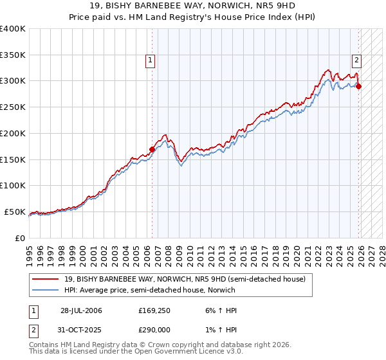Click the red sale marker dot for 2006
tap(152, 149)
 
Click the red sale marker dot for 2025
tap(359, 86)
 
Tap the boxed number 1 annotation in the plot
tap(150, 61)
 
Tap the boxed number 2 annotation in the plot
tap(356, 61)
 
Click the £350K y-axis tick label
tap(12, 55)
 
